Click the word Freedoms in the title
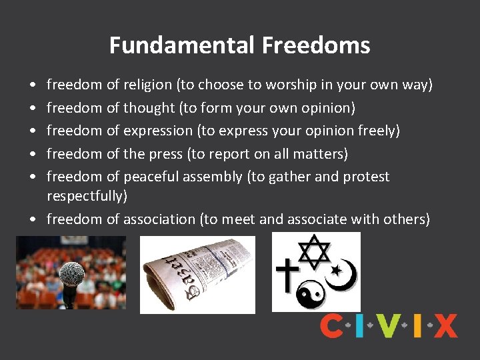[316, 45]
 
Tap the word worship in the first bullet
[292, 85]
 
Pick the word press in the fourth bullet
[166, 154]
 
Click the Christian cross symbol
[288, 275]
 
